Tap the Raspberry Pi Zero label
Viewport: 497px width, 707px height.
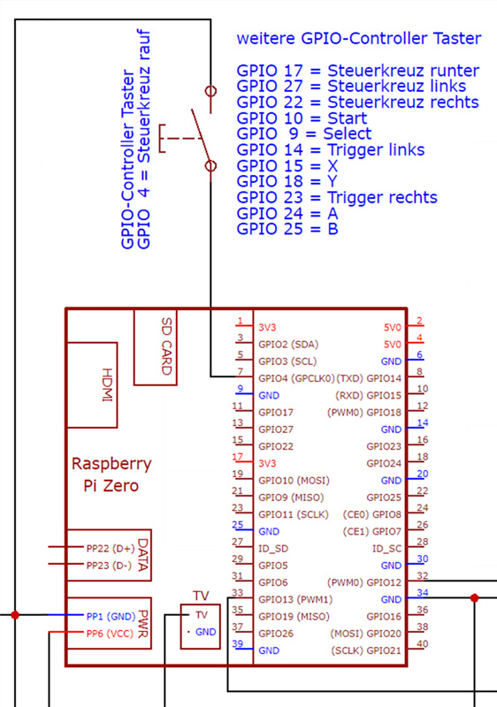(111, 475)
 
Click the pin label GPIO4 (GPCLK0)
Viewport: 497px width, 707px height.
(296, 378)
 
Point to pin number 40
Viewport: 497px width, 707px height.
(422, 644)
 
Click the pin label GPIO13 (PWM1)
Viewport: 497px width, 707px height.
(295, 600)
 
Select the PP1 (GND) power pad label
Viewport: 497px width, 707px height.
(111, 616)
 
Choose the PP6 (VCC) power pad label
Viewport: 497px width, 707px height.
(110, 634)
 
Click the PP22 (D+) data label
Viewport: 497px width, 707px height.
(111, 548)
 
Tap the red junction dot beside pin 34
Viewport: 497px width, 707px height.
(474, 598)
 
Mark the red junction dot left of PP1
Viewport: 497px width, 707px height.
(15, 614)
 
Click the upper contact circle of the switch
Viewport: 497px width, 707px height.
(210, 91)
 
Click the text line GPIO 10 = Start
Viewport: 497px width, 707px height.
(302, 118)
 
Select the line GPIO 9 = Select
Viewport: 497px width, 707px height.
(304, 133)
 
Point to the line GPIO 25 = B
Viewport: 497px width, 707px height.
(287, 229)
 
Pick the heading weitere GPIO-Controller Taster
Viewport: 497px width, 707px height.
(359, 38)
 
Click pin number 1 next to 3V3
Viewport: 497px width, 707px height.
(240, 321)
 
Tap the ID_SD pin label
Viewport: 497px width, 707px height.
(273, 549)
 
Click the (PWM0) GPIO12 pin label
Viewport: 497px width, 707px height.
(364, 582)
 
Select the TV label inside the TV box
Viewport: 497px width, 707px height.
(201, 615)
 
